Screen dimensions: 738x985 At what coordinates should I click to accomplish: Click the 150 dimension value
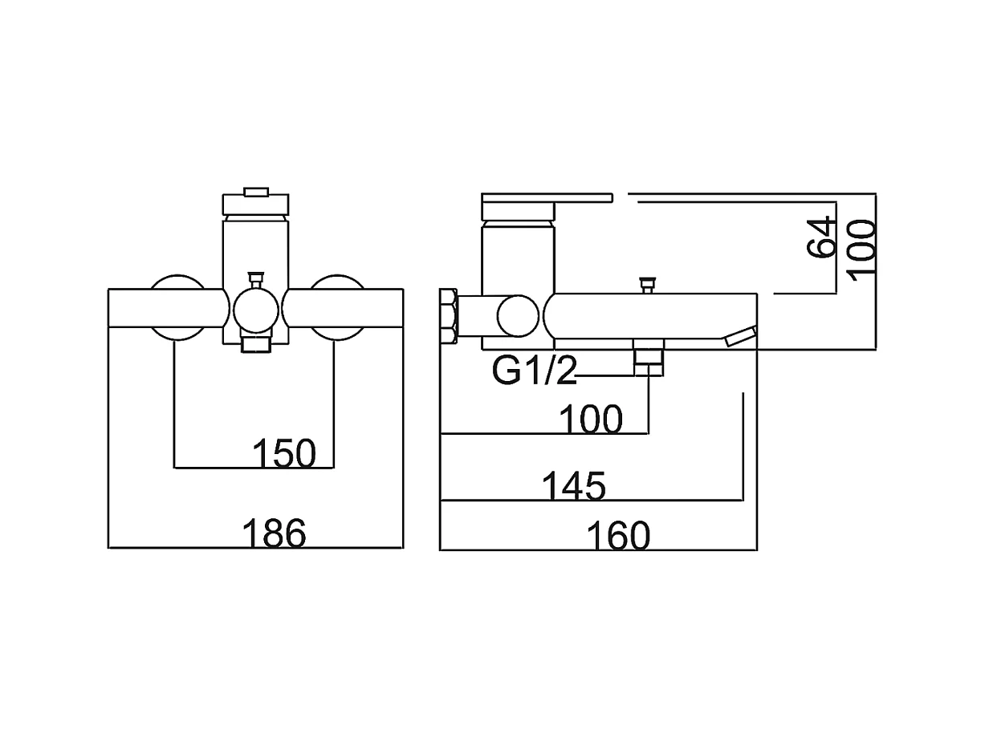tap(284, 454)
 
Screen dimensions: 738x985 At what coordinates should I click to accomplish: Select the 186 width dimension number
tap(274, 533)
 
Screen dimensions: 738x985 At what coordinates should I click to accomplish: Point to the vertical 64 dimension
tap(821, 237)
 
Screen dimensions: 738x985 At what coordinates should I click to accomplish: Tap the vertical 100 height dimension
tap(861, 249)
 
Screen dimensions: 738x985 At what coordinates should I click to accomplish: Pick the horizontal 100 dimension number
tap(591, 420)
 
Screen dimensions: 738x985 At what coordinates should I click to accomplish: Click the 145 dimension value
tap(573, 486)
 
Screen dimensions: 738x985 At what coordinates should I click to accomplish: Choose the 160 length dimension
tap(617, 536)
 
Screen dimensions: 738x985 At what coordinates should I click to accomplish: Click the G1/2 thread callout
tap(535, 372)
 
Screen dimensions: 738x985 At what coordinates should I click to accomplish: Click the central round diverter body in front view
tap(255, 309)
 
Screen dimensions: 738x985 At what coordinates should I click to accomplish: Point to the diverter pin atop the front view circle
tap(256, 279)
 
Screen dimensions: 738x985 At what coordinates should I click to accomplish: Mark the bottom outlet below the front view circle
tap(256, 344)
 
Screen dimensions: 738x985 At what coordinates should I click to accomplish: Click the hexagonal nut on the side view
tap(450, 318)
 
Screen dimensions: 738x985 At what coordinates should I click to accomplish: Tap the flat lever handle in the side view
tap(546, 197)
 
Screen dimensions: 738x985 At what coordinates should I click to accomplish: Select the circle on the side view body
tap(518, 316)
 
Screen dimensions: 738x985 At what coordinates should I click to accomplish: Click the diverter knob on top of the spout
tap(646, 284)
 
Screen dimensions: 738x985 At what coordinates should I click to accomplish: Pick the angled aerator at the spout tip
tap(741, 336)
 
